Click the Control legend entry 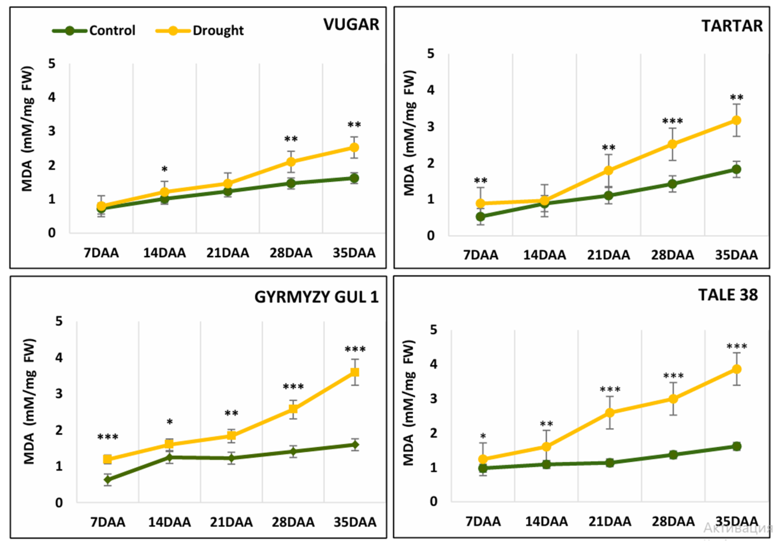tap(94, 31)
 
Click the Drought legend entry tap(200, 31)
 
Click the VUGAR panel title tap(351, 24)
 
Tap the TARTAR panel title tap(732, 26)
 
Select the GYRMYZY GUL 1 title tap(316, 297)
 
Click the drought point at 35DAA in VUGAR tap(354, 147)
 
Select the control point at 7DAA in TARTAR tap(480, 216)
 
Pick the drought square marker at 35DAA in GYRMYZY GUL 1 tap(355, 372)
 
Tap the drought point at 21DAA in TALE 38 tap(610, 413)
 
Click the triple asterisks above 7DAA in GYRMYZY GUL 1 tap(108, 437)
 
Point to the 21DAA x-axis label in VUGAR tap(228, 253)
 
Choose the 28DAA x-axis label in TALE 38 tap(673, 521)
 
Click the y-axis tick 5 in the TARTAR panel tap(430, 54)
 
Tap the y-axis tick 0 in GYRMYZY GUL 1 tap(59, 502)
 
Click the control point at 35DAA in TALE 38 tap(737, 446)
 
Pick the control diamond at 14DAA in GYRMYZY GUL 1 tap(170, 457)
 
